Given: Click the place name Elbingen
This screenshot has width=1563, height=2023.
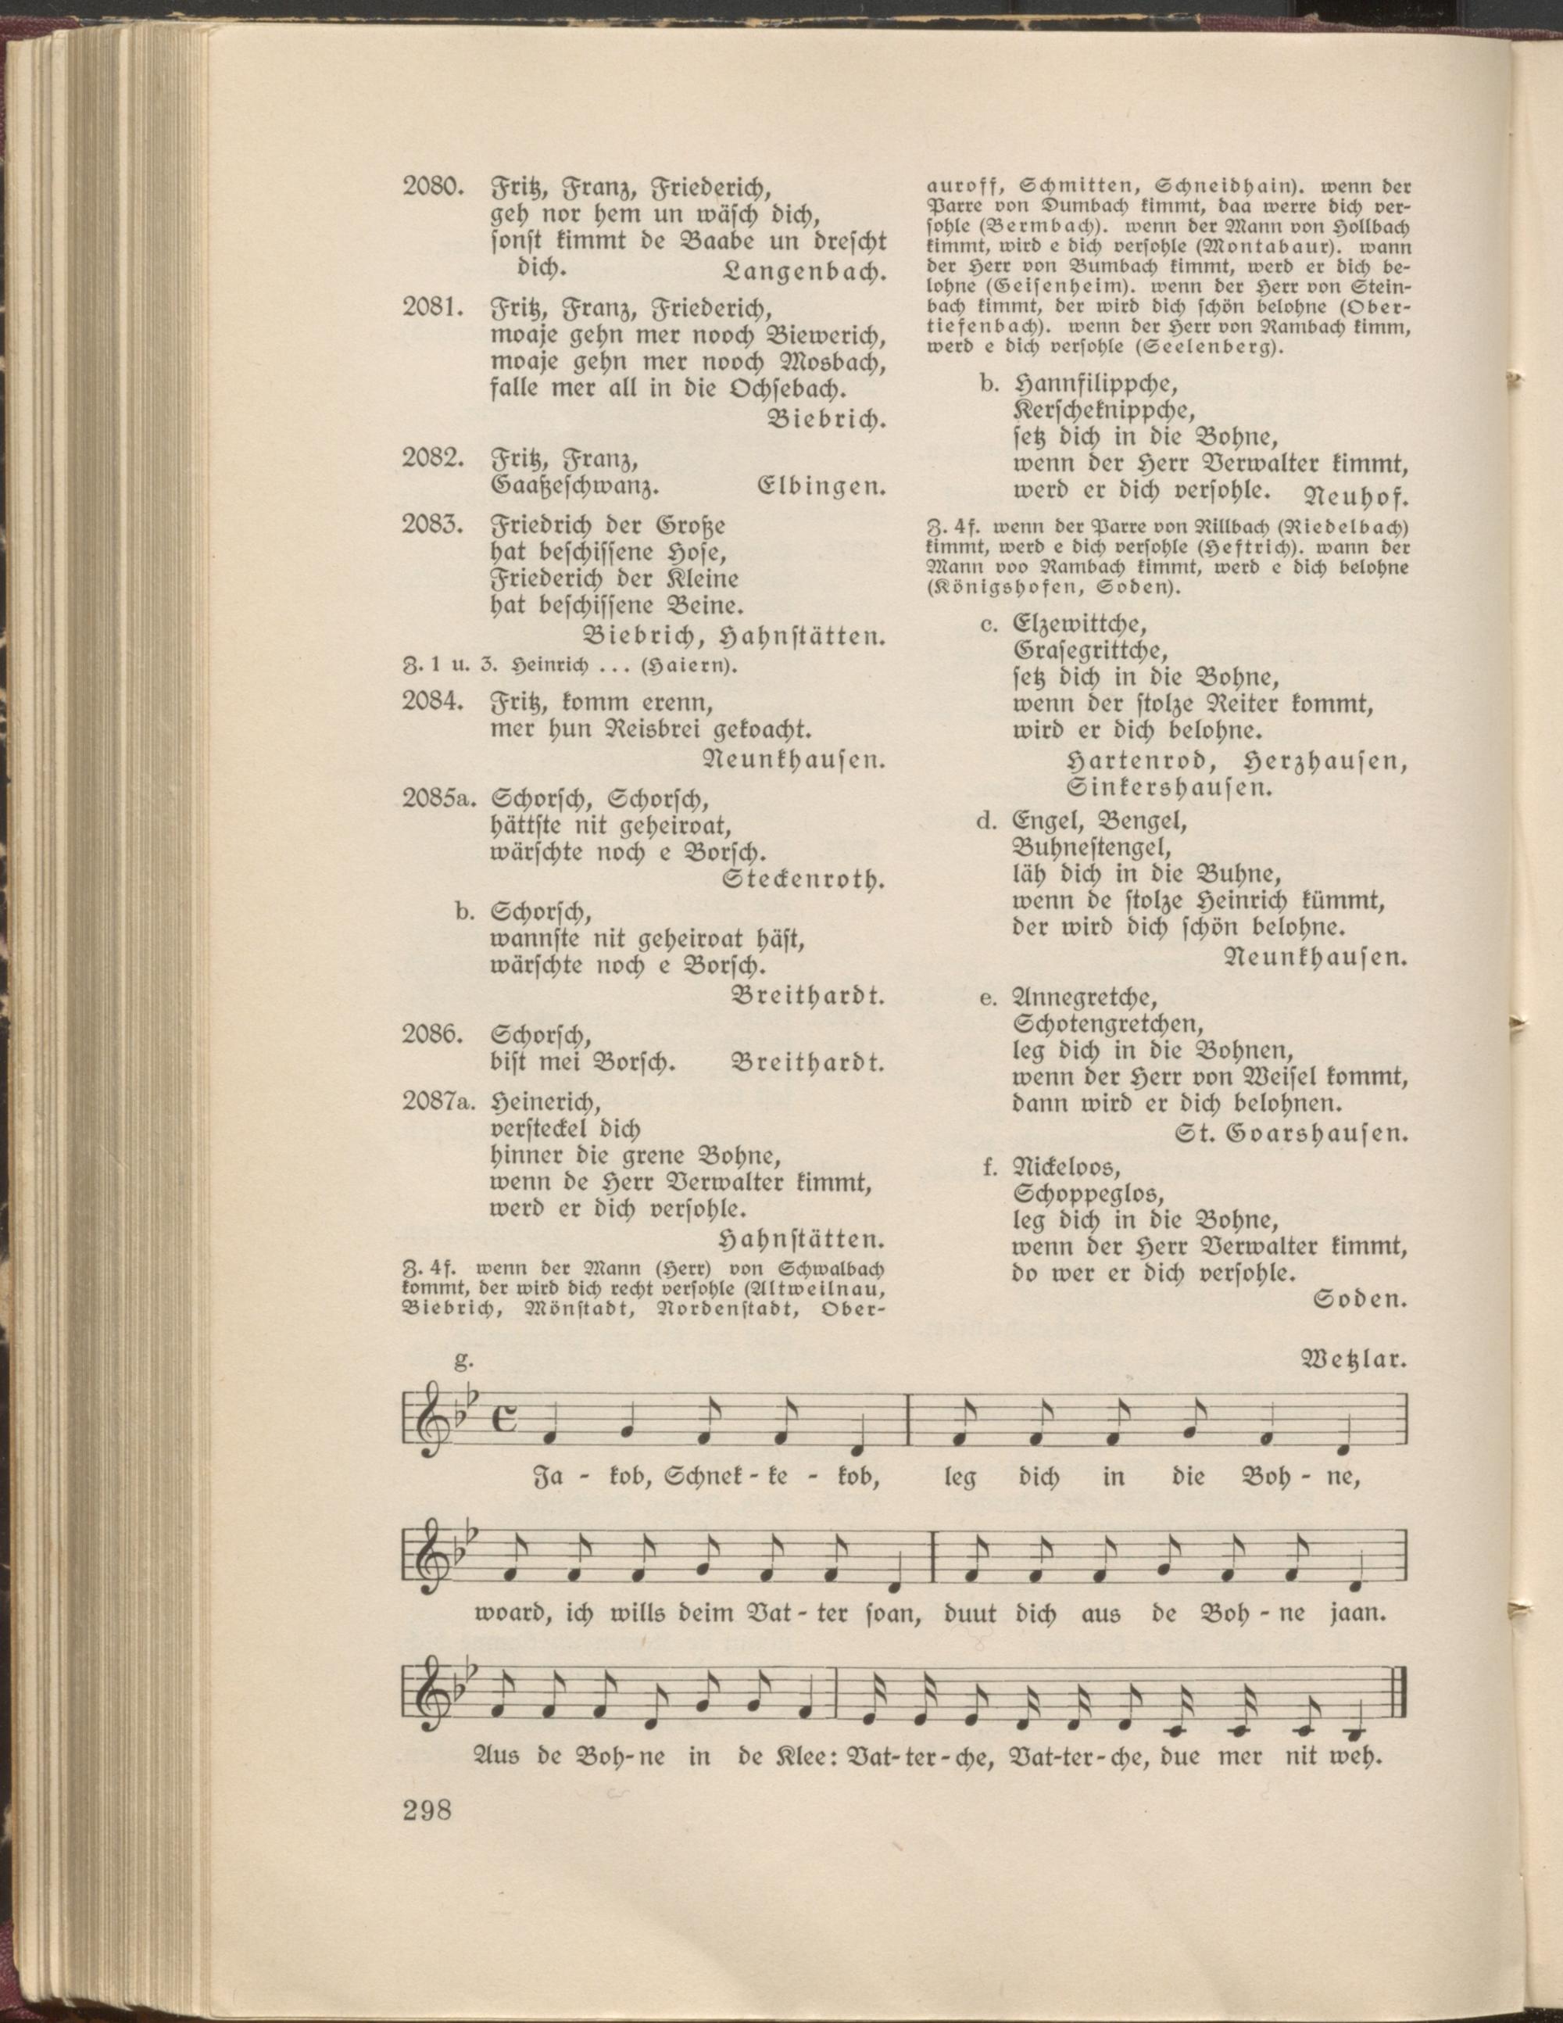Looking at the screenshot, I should click(821, 485).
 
